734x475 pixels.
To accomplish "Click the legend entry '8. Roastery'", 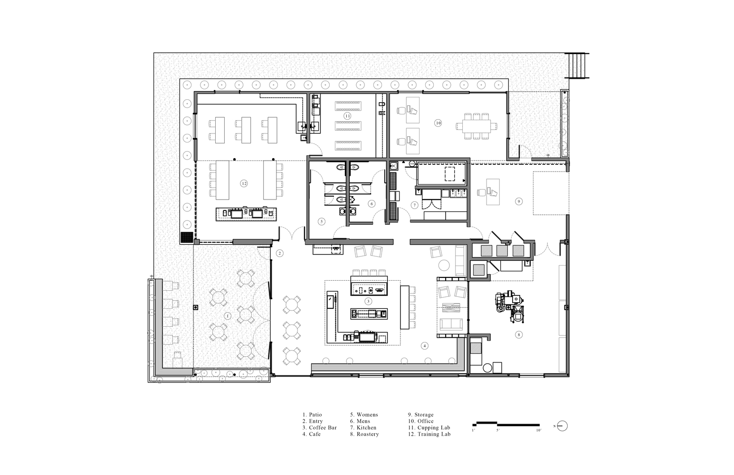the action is [364, 434].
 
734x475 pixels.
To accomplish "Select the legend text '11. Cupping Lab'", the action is [429, 427].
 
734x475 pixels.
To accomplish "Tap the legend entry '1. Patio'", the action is [312, 414].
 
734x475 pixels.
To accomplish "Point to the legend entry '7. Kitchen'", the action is [363, 427].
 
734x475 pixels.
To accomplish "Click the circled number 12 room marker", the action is [244, 183].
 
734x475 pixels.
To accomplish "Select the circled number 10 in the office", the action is [438, 123].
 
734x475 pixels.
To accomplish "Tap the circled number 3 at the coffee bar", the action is [368, 301].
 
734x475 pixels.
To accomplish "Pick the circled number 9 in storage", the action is [518, 201].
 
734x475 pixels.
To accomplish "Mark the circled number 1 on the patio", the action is [228, 316].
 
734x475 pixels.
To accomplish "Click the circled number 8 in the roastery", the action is [518, 334].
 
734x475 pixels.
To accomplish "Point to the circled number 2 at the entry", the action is [279, 253].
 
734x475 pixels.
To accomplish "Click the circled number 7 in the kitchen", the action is [415, 205].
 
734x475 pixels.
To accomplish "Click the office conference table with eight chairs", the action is [477, 126].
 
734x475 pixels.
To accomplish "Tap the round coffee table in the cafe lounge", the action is [444, 265].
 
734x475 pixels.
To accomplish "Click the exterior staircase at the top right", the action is [577, 66].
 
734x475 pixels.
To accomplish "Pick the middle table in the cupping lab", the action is [348, 126].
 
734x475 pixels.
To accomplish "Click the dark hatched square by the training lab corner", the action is [187, 237].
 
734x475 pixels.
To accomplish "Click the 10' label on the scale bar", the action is [538, 430].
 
